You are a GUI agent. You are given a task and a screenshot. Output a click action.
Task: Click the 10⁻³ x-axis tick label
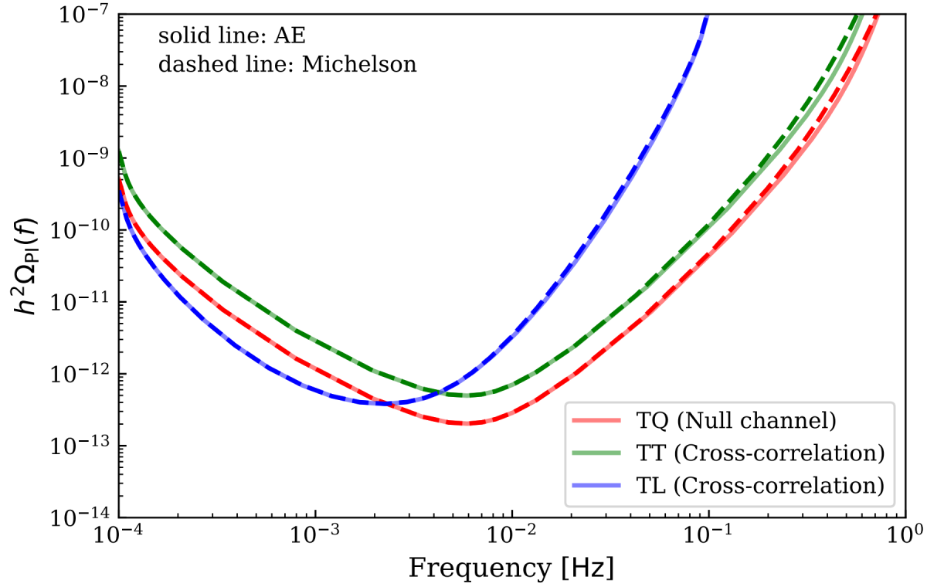(315, 536)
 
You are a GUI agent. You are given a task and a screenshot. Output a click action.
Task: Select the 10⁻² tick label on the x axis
(511, 536)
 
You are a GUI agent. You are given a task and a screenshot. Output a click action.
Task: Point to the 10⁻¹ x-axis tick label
(708, 536)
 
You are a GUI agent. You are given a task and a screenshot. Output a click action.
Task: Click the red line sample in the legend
(596, 421)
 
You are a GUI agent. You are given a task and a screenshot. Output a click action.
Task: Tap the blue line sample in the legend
(596, 486)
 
